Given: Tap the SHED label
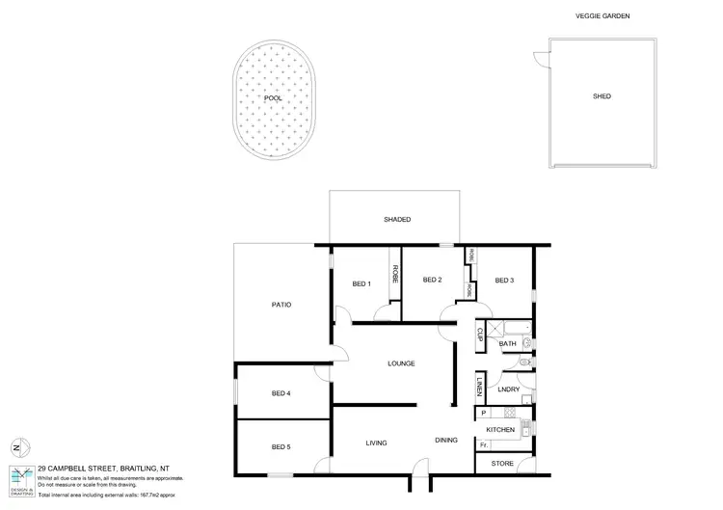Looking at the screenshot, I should (602, 96).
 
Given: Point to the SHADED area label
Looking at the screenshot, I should (397, 220).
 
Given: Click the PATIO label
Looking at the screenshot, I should (281, 305).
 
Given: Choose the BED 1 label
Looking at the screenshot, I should (361, 282).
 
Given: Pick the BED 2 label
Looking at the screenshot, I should (432, 281).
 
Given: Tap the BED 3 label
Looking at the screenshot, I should (505, 281).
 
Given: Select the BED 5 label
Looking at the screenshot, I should (281, 446).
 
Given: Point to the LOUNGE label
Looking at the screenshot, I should (401, 363).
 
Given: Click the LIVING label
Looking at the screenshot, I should (376, 443).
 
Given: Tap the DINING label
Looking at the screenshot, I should (445, 440).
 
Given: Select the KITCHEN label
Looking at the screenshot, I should (499, 429).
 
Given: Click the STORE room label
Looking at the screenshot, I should (502, 464).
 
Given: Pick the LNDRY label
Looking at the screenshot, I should (509, 389).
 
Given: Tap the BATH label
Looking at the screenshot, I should (508, 344).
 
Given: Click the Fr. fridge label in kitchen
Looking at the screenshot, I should (483, 445).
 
